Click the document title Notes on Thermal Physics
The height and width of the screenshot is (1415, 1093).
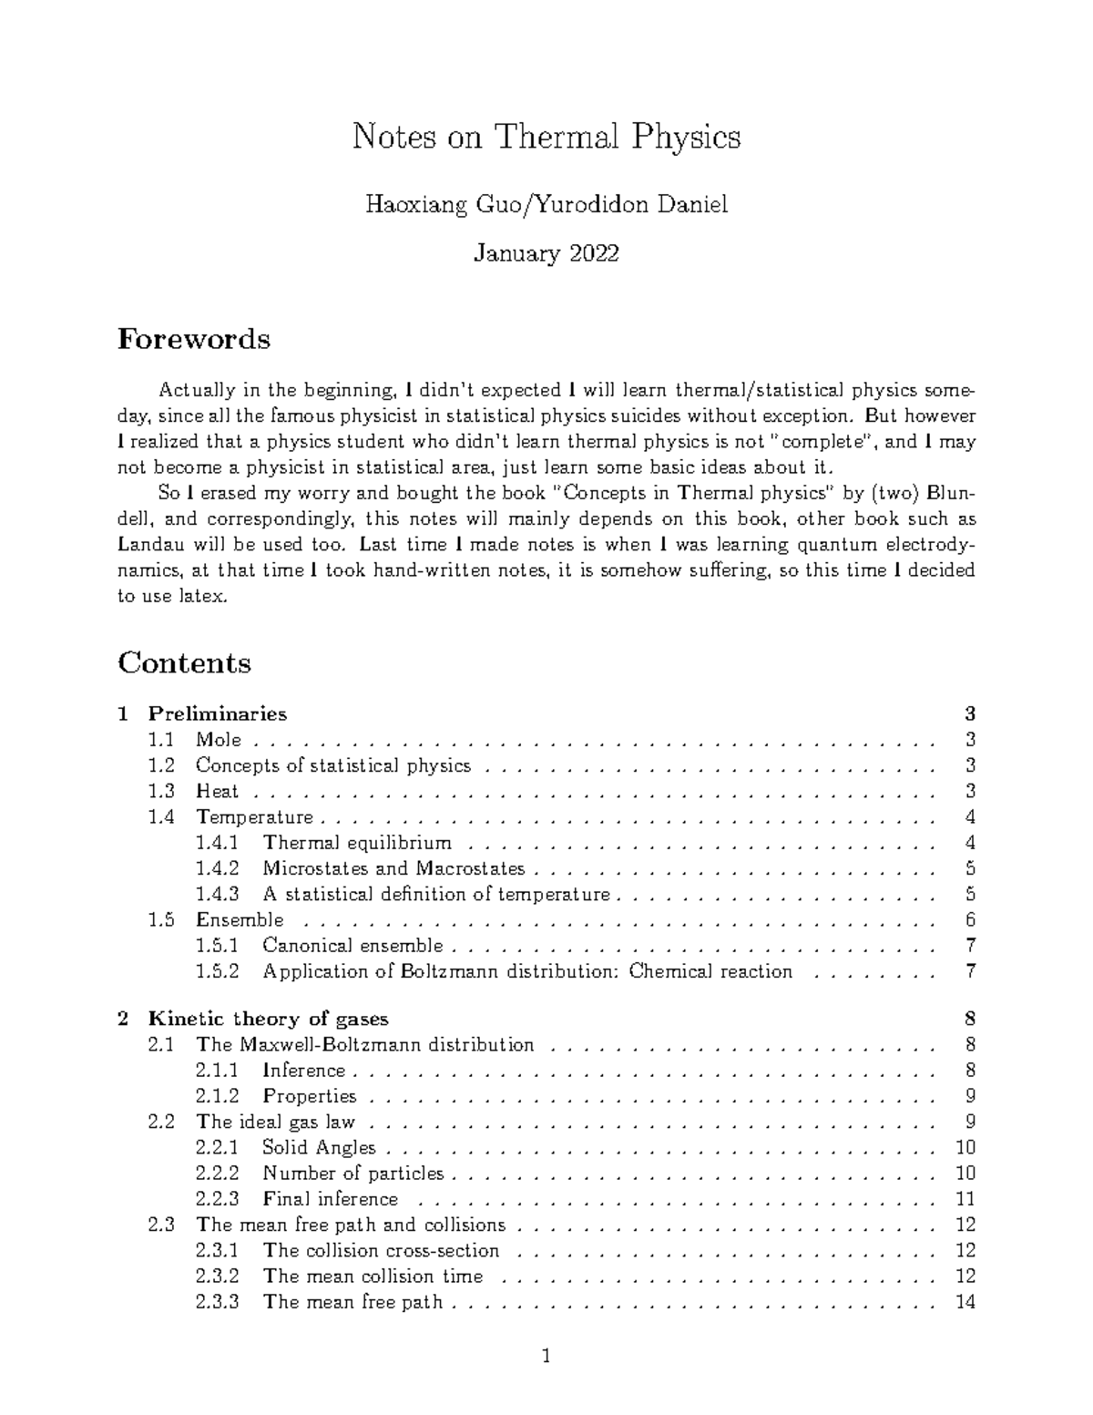[546, 138]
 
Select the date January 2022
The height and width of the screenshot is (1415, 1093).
[546, 253]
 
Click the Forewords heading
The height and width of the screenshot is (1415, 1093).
[194, 340]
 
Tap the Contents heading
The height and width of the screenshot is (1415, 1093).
[184, 662]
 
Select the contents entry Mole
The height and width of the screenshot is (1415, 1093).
[219, 740]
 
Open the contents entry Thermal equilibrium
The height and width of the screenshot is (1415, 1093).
[357, 843]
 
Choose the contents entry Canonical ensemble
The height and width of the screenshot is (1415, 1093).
[352, 946]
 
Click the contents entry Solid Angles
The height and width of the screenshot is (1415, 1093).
[319, 1147]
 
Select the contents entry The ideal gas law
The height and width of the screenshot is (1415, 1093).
[275, 1122]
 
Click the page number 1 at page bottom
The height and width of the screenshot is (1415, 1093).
[546, 1358]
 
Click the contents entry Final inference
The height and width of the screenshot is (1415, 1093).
[330, 1199]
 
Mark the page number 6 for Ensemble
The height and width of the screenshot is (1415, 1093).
[971, 920]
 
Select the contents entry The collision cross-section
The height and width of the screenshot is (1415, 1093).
[381, 1251]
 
